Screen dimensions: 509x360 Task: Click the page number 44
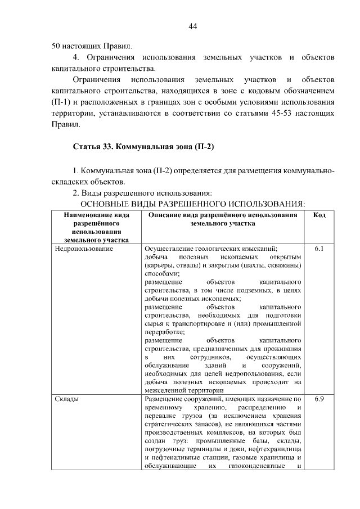click(193, 26)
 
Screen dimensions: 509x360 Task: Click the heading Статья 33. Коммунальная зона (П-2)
click(145, 147)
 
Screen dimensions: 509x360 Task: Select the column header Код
click(319, 215)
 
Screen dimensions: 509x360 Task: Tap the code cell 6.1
click(319, 247)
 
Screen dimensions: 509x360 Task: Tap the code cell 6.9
click(319, 399)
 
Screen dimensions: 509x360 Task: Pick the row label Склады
click(67, 399)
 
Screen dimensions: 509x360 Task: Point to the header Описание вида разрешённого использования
click(223, 219)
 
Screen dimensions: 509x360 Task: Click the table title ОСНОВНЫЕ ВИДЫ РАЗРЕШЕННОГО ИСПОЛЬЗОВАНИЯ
click(193, 203)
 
